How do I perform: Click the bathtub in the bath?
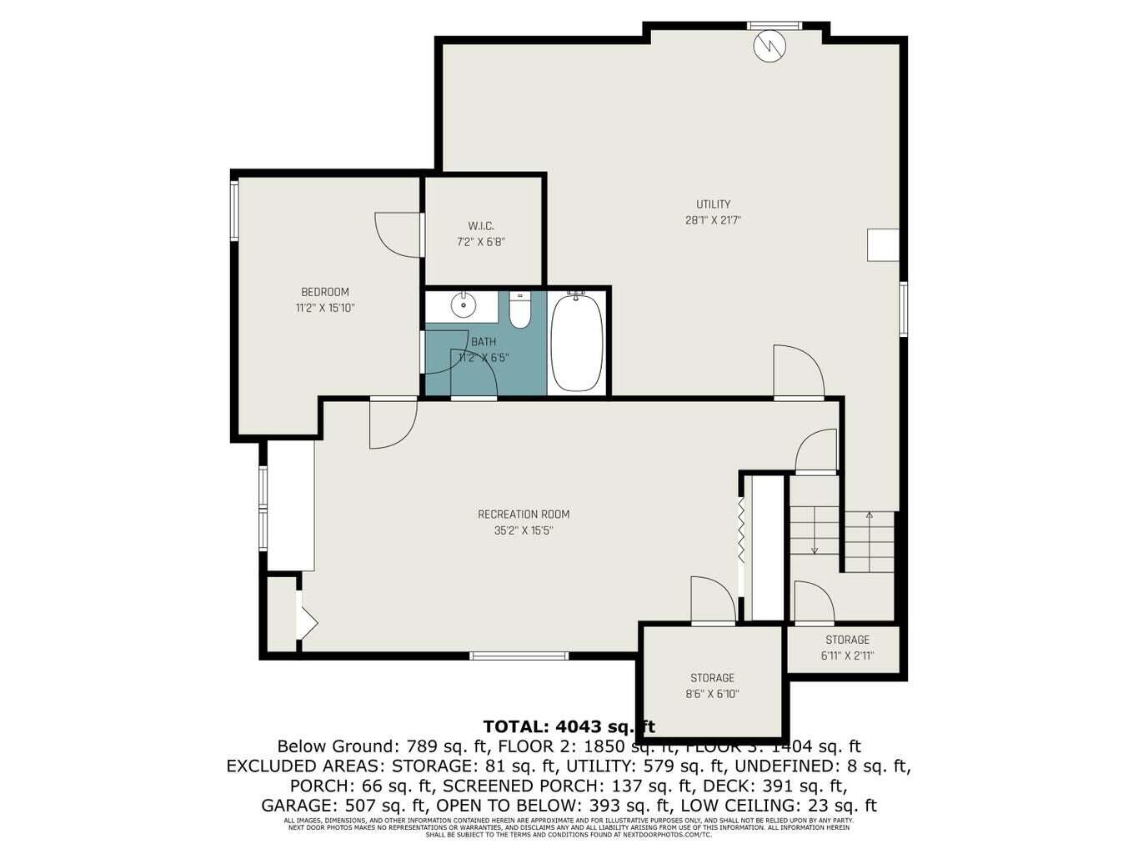(577, 342)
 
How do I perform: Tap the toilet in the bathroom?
(520, 309)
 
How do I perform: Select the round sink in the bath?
(463, 306)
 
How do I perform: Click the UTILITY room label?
(713, 204)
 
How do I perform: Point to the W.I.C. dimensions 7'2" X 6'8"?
(481, 242)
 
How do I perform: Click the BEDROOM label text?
(325, 292)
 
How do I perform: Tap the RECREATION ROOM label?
(524, 515)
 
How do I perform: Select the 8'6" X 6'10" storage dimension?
(713, 694)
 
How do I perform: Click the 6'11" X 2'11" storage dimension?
(847, 656)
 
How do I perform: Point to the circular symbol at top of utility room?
(770, 46)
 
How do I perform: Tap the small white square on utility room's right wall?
(883, 245)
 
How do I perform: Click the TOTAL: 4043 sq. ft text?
(569, 726)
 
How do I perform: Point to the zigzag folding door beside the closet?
(739, 533)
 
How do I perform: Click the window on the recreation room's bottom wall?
(520, 656)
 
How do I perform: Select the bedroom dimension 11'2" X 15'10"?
(325, 308)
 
